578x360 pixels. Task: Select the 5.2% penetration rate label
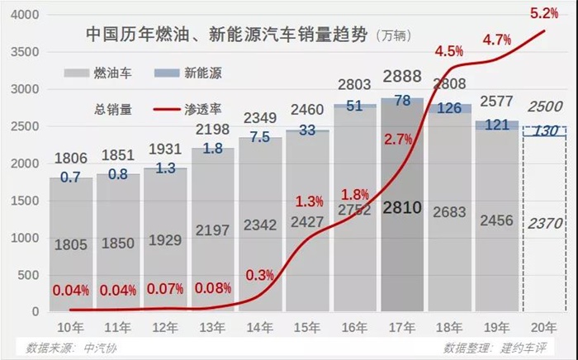point(543,12)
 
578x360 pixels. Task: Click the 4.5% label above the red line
point(448,51)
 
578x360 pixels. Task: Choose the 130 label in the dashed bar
point(545,130)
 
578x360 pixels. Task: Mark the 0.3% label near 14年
point(261,273)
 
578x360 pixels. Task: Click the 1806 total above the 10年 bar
point(71,159)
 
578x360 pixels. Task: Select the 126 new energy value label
point(449,108)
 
